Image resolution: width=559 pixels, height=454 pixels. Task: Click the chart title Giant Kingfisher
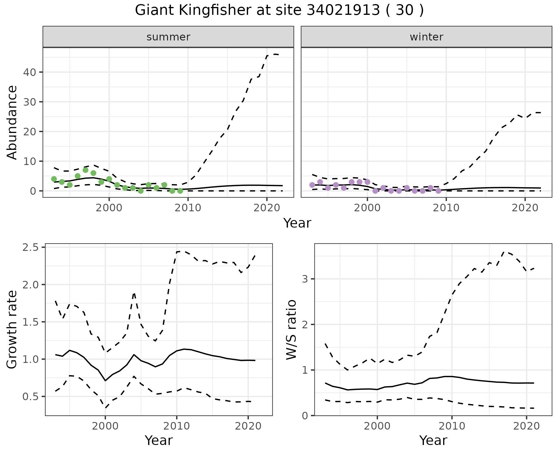279,10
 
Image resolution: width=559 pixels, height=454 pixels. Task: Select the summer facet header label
168,37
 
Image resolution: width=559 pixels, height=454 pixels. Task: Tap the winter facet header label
426,37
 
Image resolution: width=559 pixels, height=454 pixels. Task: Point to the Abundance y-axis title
12,122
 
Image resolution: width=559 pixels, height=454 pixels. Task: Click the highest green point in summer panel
85,170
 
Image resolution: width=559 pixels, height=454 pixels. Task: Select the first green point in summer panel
54,179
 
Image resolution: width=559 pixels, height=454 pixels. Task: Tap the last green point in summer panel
180,191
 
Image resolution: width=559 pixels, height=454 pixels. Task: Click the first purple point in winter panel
312,185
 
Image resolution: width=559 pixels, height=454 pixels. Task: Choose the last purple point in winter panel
438,191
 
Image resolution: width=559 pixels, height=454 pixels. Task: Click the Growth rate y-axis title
12,329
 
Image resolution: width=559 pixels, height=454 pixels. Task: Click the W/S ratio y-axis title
291,329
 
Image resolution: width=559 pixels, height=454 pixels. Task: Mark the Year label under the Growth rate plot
159,440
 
